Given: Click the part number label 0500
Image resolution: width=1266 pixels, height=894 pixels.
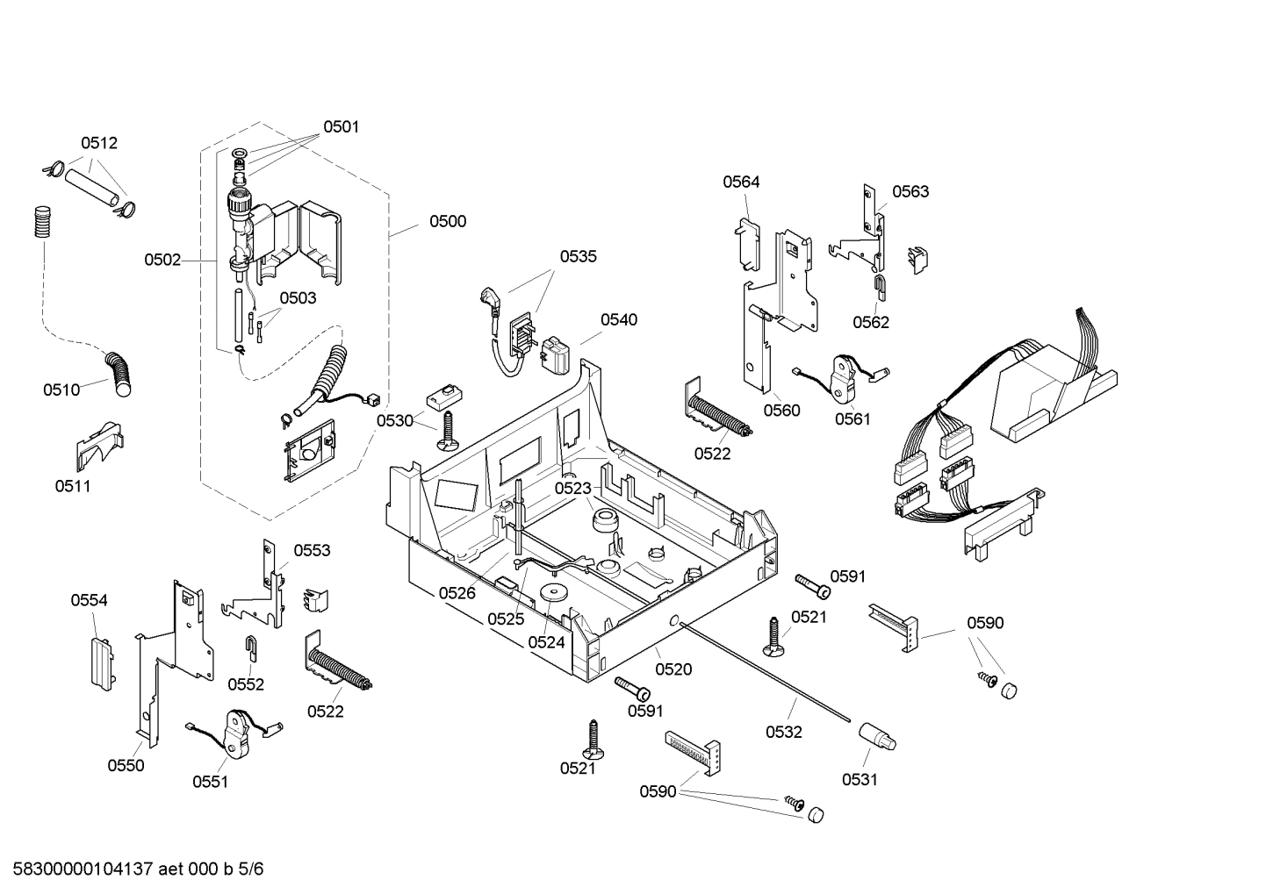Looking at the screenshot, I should (x=447, y=221).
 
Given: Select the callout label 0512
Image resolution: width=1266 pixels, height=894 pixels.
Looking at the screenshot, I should (x=99, y=143).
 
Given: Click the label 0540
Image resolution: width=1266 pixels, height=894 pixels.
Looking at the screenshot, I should (x=619, y=319).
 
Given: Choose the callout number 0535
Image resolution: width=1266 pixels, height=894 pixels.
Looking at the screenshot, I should (x=578, y=256).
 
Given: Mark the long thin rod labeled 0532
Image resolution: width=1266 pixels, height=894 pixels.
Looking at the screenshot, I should (x=764, y=671).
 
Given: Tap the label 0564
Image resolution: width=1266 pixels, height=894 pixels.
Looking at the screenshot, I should (x=741, y=182).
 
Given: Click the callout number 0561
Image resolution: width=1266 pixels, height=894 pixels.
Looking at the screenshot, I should (x=852, y=418).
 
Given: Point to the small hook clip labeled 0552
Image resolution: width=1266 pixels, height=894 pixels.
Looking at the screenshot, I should (x=250, y=648).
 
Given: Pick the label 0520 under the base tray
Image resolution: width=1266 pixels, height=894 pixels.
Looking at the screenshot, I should (x=673, y=669).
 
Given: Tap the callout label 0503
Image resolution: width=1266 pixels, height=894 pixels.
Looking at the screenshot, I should (x=298, y=298).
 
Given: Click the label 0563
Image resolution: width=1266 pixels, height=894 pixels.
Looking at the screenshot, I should (x=910, y=191).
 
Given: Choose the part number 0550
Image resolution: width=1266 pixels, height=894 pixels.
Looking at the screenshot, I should (x=126, y=765).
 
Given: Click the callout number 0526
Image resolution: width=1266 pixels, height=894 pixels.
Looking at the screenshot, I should (x=457, y=593).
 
